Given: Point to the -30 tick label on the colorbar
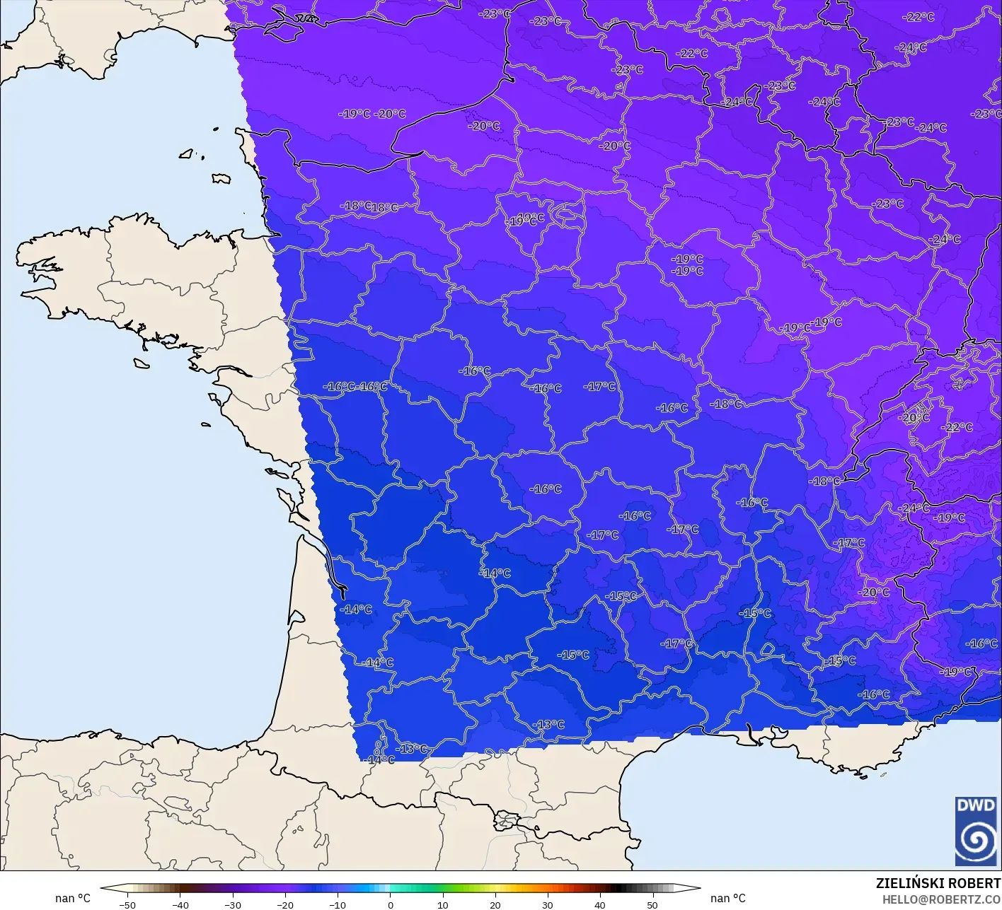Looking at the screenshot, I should [x=233, y=904].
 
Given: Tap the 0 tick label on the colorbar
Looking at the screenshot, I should [x=391, y=904].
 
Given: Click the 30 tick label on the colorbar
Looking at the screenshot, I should [x=548, y=904].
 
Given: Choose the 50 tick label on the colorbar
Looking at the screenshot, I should [x=652, y=904].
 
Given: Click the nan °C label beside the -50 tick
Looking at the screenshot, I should [x=73, y=898].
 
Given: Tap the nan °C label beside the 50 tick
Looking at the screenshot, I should [x=728, y=898].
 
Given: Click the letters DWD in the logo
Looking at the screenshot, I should [x=975, y=805].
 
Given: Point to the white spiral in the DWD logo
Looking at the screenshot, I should [x=977, y=840].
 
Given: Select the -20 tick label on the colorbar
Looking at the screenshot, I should [x=285, y=904].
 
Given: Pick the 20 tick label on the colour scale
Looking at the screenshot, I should [x=495, y=904].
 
